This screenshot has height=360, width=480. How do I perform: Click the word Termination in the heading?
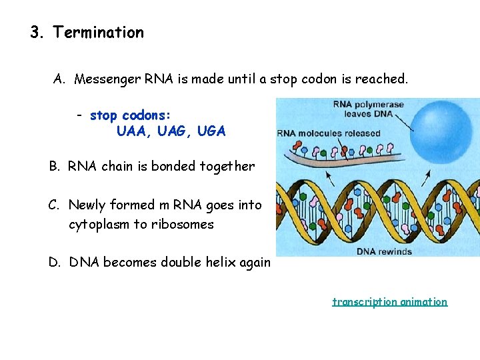(x=98, y=32)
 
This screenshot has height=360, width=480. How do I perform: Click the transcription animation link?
(x=390, y=301)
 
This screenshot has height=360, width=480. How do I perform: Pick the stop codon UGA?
(x=211, y=131)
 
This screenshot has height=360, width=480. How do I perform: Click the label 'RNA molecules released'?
(x=329, y=133)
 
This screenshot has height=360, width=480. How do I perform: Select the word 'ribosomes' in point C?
(x=182, y=224)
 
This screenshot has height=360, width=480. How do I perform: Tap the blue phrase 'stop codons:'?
(x=131, y=115)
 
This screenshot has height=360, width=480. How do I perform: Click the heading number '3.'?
(x=37, y=32)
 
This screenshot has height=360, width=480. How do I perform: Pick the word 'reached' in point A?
(x=380, y=79)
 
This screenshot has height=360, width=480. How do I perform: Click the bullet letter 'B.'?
(x=55, y=166)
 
